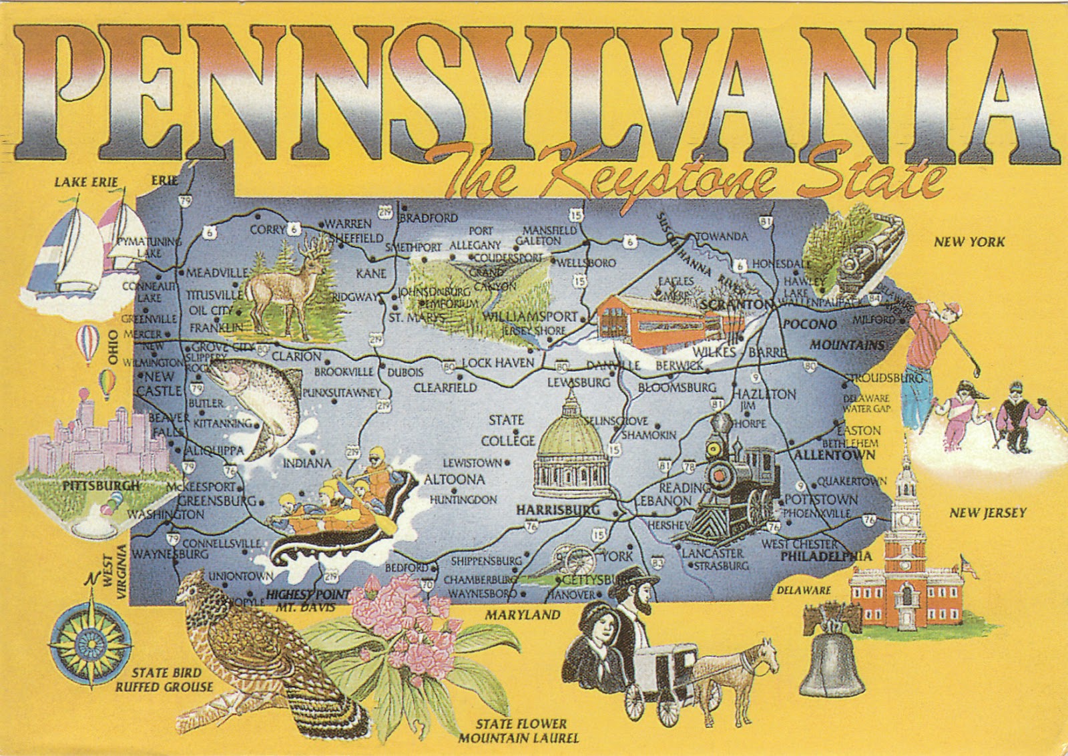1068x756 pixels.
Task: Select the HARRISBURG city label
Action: [x=549, y=510]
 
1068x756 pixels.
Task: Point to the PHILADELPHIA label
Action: [x=826, y=556]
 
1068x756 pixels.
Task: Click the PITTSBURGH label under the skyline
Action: [x=101, y=486]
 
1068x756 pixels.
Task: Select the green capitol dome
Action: [x=571, y=427]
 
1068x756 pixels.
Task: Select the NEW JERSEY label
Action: [x=979, y=513]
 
